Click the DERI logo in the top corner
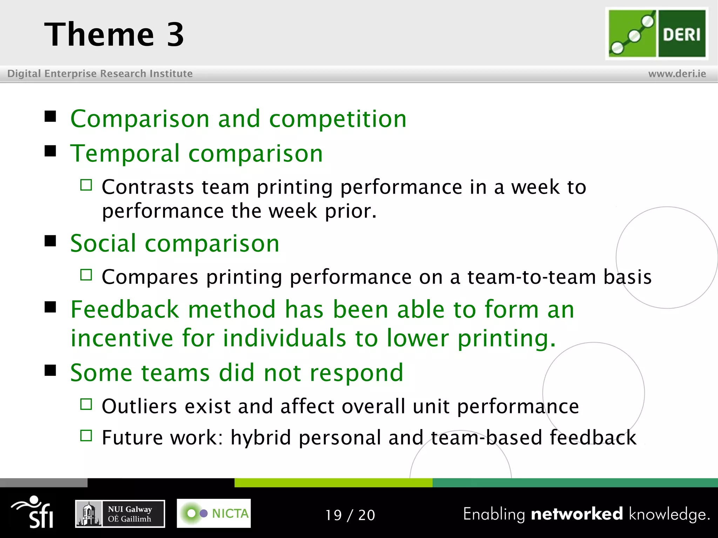[x=657, y=34]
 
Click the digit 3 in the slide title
[x=175, y=34]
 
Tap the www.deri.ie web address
[x=677, y=74]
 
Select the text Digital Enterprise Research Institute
[x=100, y=74]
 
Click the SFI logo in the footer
[x=33, y=512]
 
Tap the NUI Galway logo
[x=120, y=514]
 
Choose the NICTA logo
[x=214, y=513]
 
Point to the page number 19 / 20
[x=350, y=515]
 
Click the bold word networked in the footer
[x=577, y=514]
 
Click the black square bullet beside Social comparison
[x=50, y=241]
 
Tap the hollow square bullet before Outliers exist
[x=86, y=405]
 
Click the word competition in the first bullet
[x=338, y=119]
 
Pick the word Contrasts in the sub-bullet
[x=148, y=187]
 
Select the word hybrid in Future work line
[x=260, y=438]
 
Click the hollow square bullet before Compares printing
[x=86, y=275]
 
